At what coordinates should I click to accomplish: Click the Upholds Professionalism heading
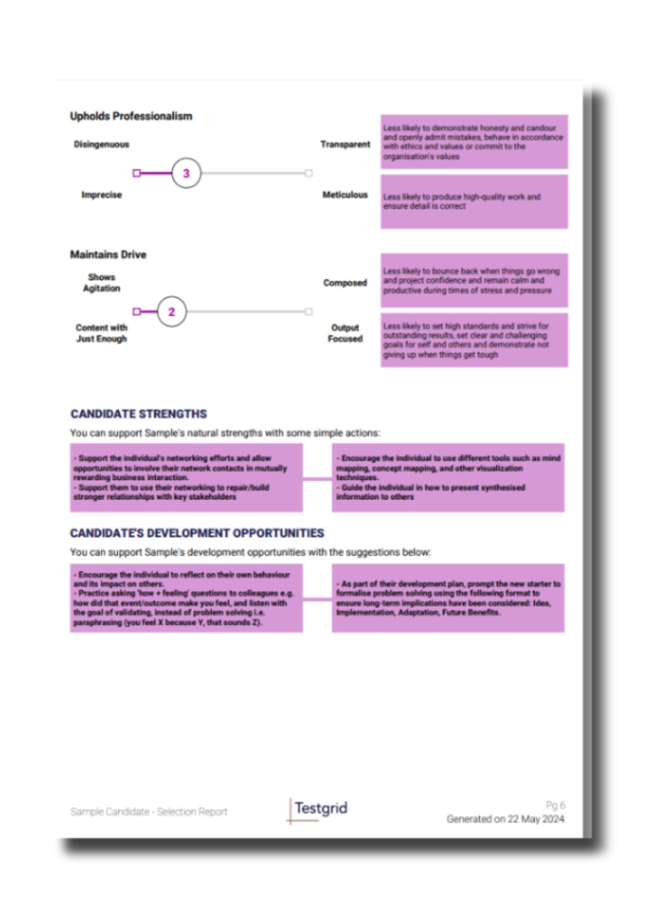click(x=131, y=117)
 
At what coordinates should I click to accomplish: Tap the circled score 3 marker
click(x=186, y=173)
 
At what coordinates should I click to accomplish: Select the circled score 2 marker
click(x=172, y=312)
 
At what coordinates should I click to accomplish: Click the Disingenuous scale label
click(x=101, y=144)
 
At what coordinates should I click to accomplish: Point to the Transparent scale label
click(x=345, y=144)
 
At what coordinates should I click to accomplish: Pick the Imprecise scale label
click(x=101, y=195)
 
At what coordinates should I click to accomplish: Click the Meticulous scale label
click(x=345, y=195)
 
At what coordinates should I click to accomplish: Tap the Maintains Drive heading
click(x=108, y=255)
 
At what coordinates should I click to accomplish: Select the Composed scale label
click(x=345, y=283)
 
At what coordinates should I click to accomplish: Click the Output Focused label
click(x=345, y=334)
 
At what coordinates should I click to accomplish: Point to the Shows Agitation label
click(x=101, y=283)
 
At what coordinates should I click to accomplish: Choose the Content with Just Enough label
click(x=101, y=334)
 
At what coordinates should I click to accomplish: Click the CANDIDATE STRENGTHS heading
click(x=138, y=414)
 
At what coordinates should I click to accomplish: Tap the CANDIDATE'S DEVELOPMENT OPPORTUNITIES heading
click(x=197, y=533)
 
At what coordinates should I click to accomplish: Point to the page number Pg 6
click(x=555, y=805)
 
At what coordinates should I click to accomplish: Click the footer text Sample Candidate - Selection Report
click(x=149, y=812)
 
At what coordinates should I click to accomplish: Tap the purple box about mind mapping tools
click(x=448, y=478)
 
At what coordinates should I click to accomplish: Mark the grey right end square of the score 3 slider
click(x=309, y=173)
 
